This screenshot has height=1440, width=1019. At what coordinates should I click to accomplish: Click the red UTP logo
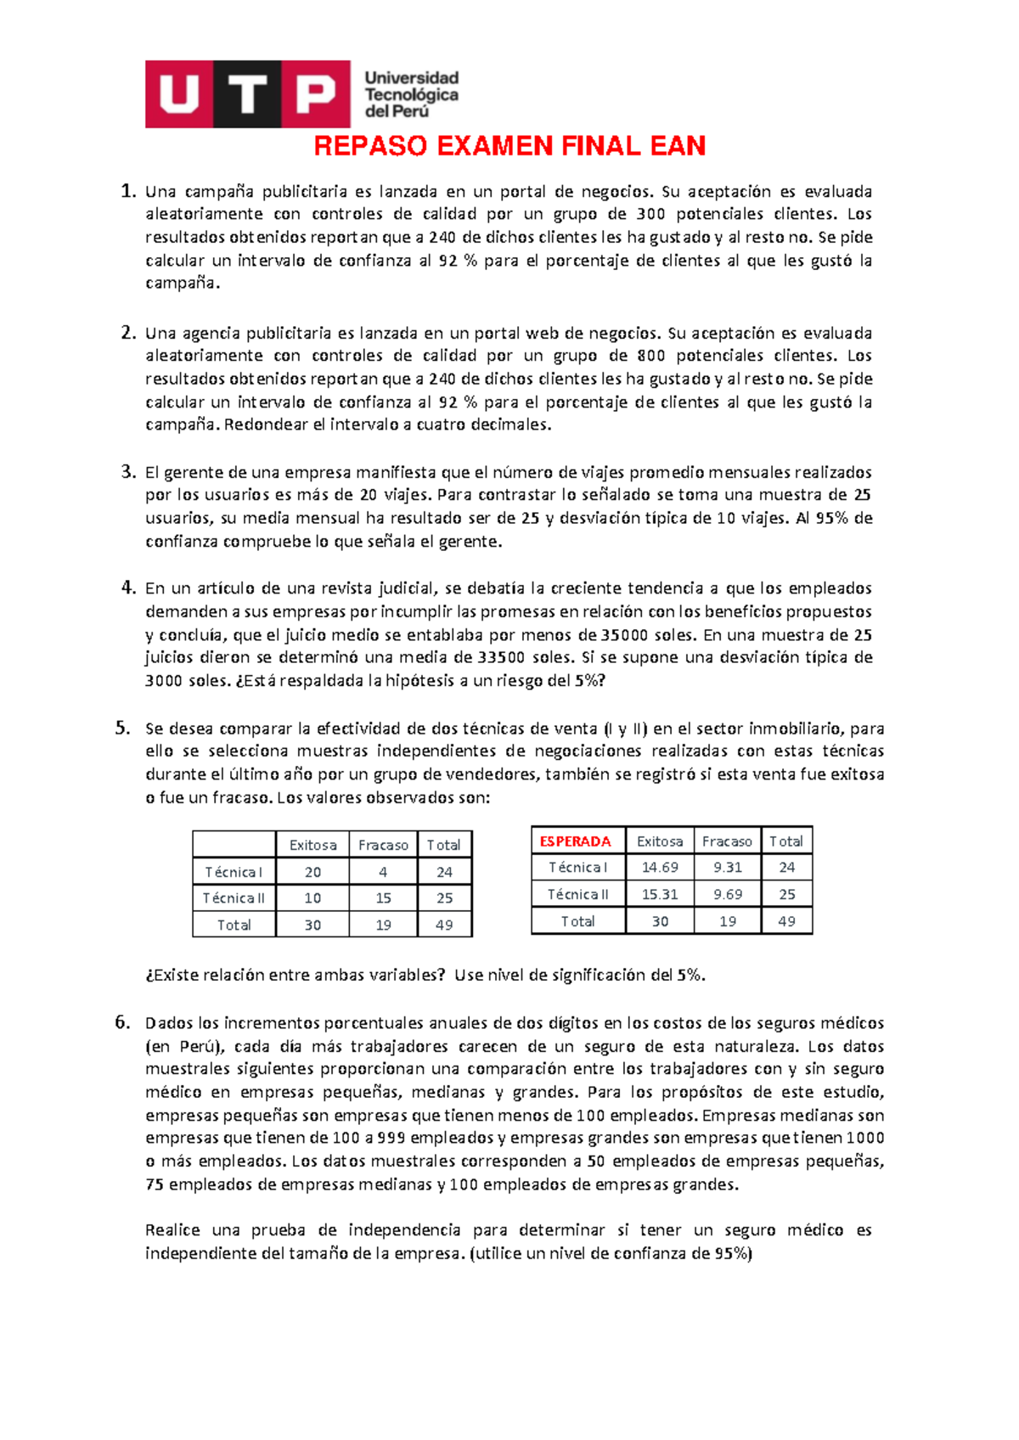(247, 94)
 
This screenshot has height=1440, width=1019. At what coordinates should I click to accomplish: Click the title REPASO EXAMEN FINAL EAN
(509, 146)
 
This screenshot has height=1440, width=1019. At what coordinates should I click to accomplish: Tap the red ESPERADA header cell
(576, 841)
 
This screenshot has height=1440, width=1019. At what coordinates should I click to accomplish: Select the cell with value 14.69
(660, 868)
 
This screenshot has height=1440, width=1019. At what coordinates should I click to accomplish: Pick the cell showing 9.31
(728, 868)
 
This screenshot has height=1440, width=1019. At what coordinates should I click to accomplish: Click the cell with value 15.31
(660, 895)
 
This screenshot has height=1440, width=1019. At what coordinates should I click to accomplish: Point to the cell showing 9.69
(728, 895)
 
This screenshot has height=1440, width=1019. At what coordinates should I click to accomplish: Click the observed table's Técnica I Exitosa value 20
(312, 872)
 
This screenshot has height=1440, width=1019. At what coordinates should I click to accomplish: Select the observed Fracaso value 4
(383, 872)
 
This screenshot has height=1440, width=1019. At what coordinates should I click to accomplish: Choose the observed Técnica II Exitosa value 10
(312, 898)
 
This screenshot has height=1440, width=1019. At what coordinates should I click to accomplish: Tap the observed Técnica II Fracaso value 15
(383, 898)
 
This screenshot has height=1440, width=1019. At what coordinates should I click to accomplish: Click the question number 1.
(127, 191)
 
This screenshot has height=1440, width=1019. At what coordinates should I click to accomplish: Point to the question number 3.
(127, 472)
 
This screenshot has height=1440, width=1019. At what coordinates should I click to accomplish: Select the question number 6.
(123, 1023)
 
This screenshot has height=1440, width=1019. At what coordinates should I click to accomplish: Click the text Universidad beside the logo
(412, 78)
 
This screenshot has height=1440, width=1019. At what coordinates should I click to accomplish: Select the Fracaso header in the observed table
(383, 846)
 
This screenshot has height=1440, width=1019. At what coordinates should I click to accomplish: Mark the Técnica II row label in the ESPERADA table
(577, 895)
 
